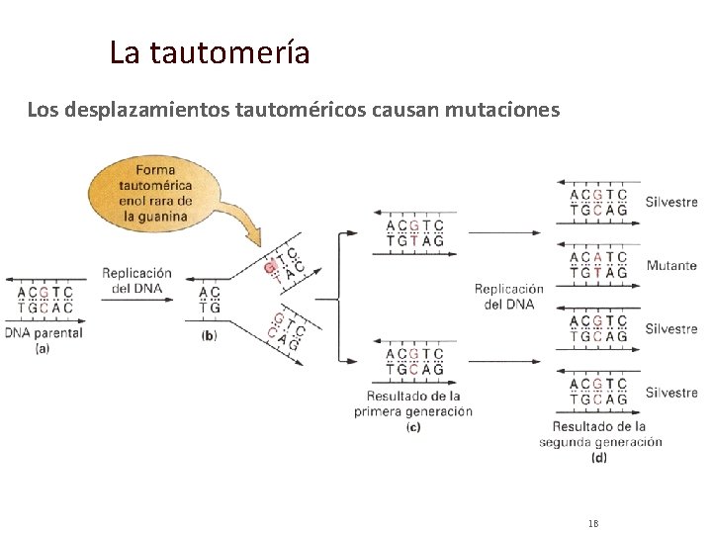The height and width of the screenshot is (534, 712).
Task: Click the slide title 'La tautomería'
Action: click(x=210, y=51)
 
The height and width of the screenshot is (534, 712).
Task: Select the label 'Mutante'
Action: click(x=671, y=266)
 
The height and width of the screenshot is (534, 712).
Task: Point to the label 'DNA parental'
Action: click(x=44, y=333)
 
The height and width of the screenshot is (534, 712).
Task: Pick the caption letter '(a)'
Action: click(x=43, y=348)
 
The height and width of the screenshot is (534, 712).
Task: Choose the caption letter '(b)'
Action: click(x=209, y=335)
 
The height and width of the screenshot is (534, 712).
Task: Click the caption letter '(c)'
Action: click(x=413, y=426)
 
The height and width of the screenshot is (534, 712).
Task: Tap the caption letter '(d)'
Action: click(x=599, y=457)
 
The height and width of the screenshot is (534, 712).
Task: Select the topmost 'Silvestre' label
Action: click(x=671, y=203)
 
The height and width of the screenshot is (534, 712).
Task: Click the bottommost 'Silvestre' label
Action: click(x=671, y=393)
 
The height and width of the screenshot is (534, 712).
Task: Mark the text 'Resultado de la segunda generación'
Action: click(x=600, y=434)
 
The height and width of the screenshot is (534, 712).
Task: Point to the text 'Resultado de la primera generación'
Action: click(x=413, y=403)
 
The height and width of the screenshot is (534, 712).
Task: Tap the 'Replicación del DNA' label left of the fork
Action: click(x=136, y=280)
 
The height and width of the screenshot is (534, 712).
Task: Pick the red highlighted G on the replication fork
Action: click(x=269, y=267)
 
